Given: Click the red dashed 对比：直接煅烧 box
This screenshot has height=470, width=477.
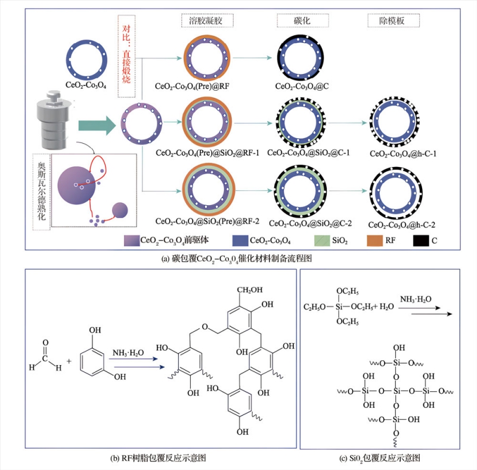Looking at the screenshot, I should tap(128, 57).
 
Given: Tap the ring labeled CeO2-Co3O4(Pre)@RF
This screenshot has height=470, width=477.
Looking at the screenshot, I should tap(207, 58).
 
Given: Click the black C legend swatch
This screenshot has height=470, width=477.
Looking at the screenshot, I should tap(420, 241).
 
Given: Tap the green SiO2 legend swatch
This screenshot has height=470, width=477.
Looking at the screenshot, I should tap(323, 241).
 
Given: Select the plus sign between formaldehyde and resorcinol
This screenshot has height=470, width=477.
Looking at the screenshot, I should tap(70, 361).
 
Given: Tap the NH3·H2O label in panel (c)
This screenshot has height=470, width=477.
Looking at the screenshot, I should tap(416, 298).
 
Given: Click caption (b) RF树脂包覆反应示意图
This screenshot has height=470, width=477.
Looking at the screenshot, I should tap(160, 459).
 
